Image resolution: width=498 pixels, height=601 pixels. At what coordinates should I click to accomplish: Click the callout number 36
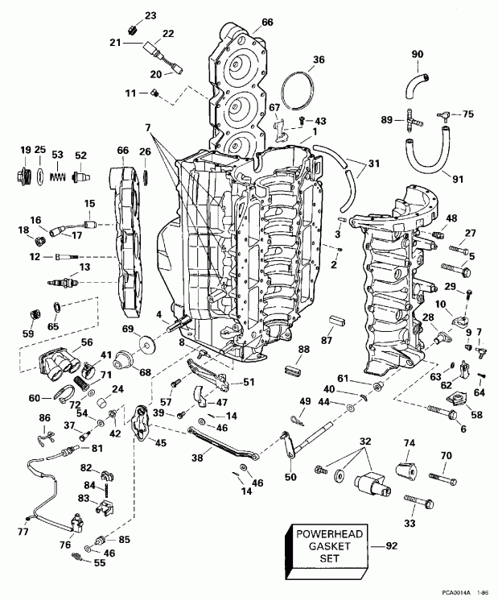(x=319, y=60)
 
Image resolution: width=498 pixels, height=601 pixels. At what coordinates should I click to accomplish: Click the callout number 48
(x=451, y=218)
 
